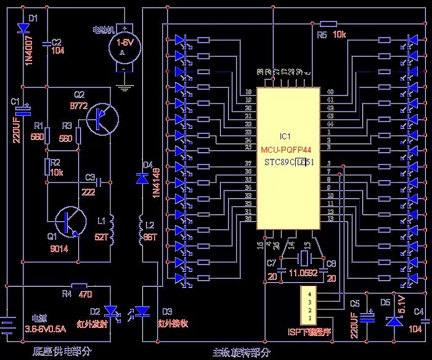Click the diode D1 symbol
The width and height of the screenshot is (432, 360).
click(23, 28)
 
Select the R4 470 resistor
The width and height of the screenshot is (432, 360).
click(79, 285)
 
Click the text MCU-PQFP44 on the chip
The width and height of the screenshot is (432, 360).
click(288, 149)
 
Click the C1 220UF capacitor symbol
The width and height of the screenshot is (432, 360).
click(23, 111)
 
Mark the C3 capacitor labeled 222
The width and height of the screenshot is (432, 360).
click(102, 182)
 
